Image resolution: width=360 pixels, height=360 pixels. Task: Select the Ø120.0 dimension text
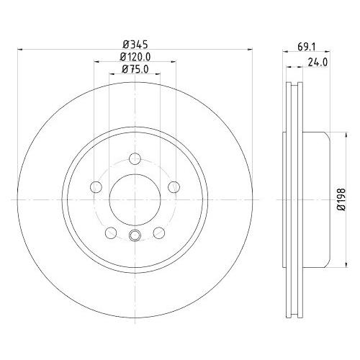(x=135, y=57)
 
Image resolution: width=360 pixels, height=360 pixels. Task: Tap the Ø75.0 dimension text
(x=135, y=69)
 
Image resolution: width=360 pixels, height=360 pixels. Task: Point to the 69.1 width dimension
(x=307, y=47)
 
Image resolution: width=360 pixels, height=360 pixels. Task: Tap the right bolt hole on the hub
(x=174, y=187)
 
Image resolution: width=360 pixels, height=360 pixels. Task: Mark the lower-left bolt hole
(x=110, y=232)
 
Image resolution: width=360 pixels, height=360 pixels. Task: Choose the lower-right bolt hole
(x=159, y=232)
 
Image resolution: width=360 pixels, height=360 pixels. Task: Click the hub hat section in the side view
(x=317, y=199)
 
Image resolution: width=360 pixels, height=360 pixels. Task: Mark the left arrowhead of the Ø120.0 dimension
(x=96, y=62)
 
